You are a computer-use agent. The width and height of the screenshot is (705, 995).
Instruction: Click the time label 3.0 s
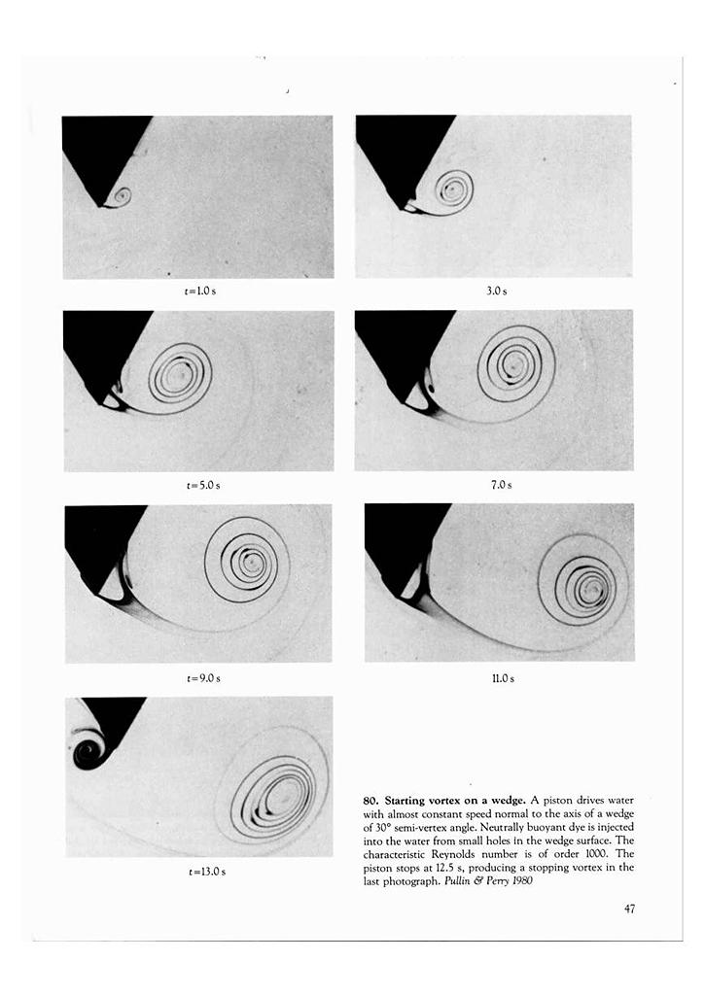point(496,291)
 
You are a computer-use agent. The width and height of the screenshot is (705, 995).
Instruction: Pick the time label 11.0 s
point(503,677)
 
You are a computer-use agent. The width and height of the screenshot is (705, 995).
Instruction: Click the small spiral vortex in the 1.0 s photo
point(122,196)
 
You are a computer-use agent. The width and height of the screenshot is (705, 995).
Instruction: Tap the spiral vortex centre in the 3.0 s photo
point(452,187)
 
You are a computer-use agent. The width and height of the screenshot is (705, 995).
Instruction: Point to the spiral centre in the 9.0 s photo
point(249,562)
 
